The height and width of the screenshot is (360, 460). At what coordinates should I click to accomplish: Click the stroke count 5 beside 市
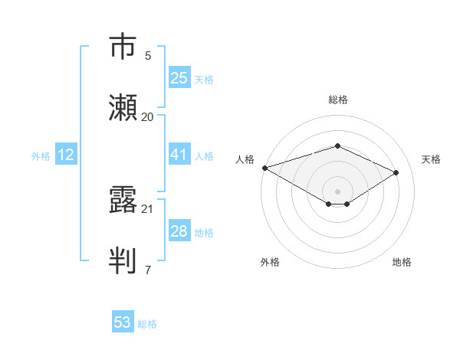click(x=148, y=55)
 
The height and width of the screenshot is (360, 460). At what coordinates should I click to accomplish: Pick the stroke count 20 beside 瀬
click(x=148, y=116)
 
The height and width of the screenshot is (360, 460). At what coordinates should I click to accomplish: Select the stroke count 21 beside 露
click(x=148, y=208)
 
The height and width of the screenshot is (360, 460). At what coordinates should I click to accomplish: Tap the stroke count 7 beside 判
click(x=148, y=269)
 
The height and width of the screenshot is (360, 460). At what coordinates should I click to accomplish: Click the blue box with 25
click(x=179, y=78)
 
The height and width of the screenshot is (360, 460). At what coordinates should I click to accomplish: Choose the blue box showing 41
click(x=179, y=155)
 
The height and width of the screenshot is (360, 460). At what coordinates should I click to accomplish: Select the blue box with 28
click(x=179, y=231)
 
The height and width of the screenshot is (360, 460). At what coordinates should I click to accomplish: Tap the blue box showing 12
click(x=66, y=155)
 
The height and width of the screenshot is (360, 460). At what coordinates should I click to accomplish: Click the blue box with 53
click(x=123, y=322)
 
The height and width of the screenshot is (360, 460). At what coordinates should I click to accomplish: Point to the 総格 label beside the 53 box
click(x=147, y=324)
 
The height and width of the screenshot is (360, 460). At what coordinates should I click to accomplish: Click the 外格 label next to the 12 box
click(x=41, y=156)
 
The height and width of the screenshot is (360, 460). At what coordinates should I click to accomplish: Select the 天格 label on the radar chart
click(x=432, y=159)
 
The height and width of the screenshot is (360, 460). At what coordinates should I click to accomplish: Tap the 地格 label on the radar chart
click(x=402, y=262)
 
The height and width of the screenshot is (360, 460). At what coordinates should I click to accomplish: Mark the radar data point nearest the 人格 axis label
click(x=264, y=168)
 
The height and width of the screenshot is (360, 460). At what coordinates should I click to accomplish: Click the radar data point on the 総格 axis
click(x=337, y=146)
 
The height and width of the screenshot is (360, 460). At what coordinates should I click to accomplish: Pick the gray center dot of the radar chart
click(x=337, y=191)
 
